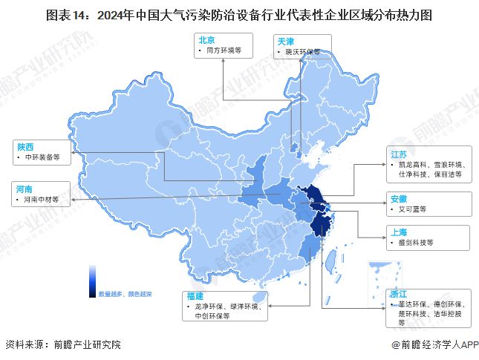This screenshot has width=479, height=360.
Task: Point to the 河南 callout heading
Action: click(x=25, y=189)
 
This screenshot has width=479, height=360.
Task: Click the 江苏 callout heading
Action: click(x=398, y=153)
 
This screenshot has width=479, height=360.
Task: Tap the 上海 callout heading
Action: click(x=398, y=232)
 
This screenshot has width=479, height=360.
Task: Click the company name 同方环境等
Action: click(x=221, y=50)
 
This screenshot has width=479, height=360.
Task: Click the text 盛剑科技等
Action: click(x=414, y=243)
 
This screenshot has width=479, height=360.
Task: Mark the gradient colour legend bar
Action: click(x=93, y=281)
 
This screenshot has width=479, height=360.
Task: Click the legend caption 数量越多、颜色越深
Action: click(x=125, y=294)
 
